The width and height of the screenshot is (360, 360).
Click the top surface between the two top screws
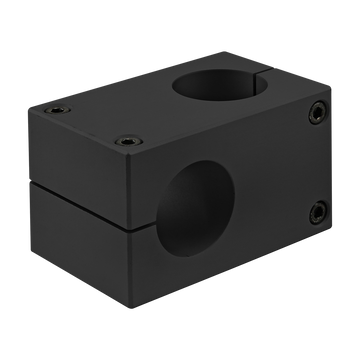pyautogui.click(x=91, y=121)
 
